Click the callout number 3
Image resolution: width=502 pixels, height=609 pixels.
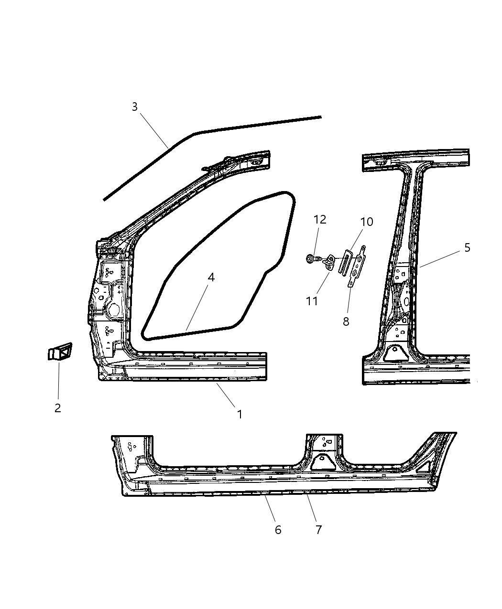135,107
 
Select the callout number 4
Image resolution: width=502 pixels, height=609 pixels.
211,277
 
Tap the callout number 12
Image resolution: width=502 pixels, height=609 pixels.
320,219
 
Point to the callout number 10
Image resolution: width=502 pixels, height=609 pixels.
367,222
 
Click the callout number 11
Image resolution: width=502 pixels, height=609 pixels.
312,301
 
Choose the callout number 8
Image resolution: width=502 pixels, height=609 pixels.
346,321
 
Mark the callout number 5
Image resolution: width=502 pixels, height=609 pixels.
467,247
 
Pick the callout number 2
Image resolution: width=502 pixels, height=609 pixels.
57,408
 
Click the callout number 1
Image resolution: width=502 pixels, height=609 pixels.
240,414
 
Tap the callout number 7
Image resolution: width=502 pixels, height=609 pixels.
318,529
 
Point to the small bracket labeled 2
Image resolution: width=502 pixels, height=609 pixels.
59,352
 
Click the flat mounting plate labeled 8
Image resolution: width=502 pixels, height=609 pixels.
357,267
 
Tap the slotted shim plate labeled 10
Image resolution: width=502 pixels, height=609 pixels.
345,262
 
